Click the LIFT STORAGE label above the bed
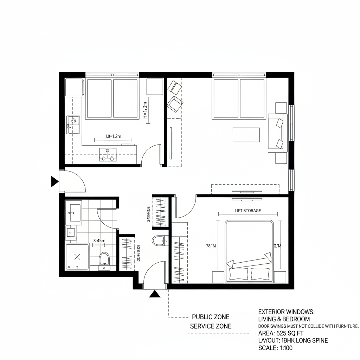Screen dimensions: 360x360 [x=248, y=211]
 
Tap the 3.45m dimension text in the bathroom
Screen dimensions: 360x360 [x=99, y=241]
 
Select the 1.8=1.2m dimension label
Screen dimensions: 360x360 [x=113, y=136]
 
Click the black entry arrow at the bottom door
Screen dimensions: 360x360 [x=155, y=294]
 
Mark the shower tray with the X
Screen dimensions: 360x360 [x=78, y=257]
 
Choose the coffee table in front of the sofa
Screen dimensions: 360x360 [x=246, y=135]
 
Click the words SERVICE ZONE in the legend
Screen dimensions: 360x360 [x=211, y=326]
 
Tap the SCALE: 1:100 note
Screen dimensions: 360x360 [x=275, y=348]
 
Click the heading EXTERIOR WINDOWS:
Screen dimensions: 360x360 [x=287, y=312]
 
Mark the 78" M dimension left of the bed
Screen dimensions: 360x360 [x=211, y=246]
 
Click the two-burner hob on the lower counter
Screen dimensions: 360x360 [x=108, y=154]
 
